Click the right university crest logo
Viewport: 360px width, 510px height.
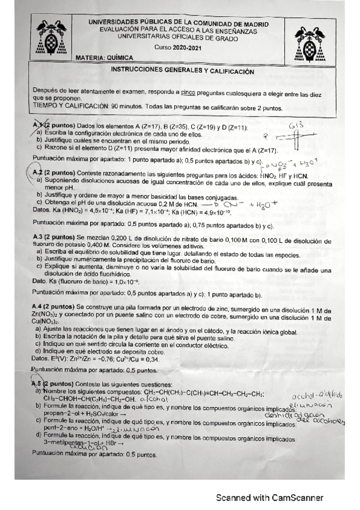pos(310,41)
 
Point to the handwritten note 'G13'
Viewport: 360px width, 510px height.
pos(296,126)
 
